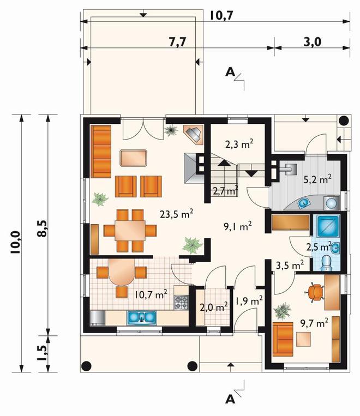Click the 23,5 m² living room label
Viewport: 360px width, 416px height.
176,214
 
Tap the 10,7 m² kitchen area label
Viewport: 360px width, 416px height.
151,294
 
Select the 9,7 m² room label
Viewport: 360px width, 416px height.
314,323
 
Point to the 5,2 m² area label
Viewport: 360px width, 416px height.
317,179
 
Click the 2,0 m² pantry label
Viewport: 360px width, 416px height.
214,308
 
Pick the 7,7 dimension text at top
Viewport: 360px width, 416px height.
178,42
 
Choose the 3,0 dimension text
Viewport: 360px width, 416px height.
312,42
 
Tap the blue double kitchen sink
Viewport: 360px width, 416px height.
142,317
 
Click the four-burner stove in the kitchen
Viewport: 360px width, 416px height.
181,303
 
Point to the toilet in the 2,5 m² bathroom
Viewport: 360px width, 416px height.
326,263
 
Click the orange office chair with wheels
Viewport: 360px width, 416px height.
315,292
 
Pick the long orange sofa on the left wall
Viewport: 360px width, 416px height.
101,152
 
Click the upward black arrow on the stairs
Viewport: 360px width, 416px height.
224,162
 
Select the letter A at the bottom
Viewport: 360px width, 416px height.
230,399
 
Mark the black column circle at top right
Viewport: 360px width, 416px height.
344,121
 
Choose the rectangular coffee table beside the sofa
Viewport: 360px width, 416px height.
133,158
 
